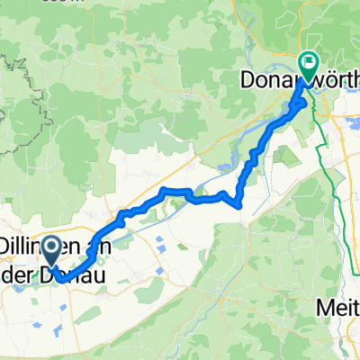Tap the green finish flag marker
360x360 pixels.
pos(308,63)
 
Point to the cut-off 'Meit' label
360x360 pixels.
pos(338,308)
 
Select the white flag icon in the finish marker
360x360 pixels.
pos(308,61)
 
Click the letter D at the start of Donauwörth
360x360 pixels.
pos(246,81)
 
